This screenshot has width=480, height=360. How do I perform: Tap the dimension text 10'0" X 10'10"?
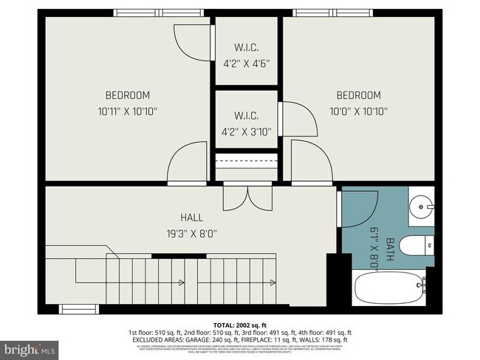[358, 111]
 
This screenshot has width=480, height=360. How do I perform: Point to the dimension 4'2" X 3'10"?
[246, 132]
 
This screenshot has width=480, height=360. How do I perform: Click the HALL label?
[191, 218]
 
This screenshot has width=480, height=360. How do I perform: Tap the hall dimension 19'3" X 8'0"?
[191, 234]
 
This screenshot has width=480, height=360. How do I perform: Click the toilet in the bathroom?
[419, 245]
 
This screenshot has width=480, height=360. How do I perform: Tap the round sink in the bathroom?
[421, 202]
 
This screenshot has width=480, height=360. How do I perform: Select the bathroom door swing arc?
[357, 208]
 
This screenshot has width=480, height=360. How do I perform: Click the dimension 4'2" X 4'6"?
[246, 63]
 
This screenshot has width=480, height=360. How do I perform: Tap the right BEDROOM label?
[358, 95]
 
